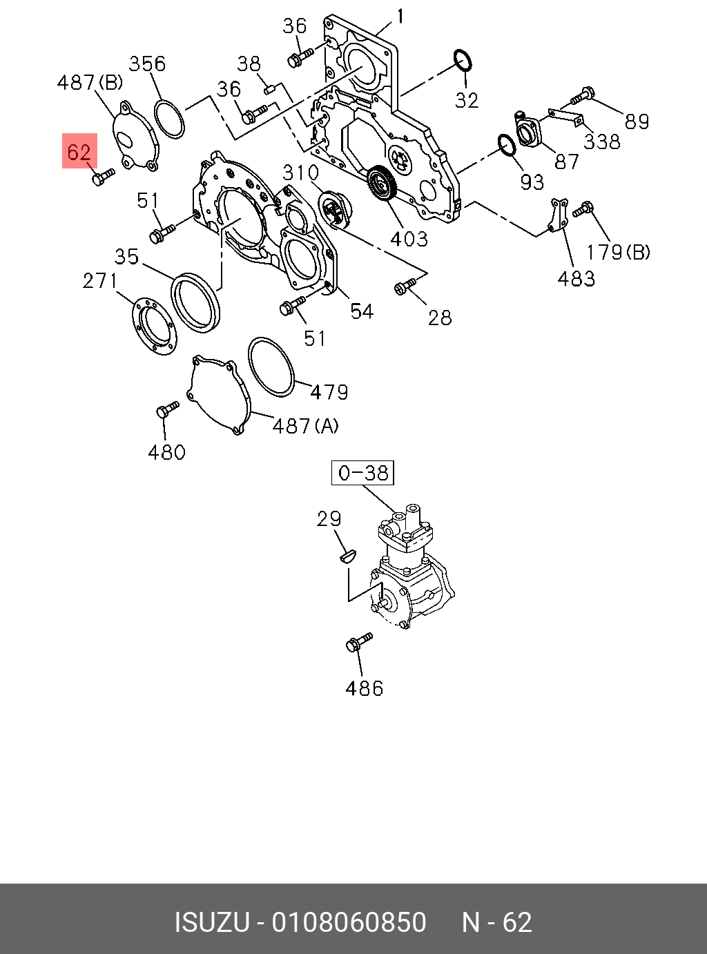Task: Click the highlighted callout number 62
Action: click(x=79, y=152)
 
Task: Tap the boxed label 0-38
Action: click(x=362, y=473)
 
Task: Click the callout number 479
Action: click(x=329, y=392)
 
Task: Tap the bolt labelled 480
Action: click(x=166, y=409)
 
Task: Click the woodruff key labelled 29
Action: click(x=347, y=554)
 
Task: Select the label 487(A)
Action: click(x=305, y=426)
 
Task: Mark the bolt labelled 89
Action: click(x=583, y=95)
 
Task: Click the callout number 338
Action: click(x=601, y=142)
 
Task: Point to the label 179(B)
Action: click(x=619, y=252)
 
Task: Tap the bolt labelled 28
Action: click(x=404, y=285)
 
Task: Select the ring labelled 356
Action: click(x=169, y=119)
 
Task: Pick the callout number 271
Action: click(x=100, y=281)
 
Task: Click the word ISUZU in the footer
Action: click(x=212, y=922)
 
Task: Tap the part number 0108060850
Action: click(x=349, y=922)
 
